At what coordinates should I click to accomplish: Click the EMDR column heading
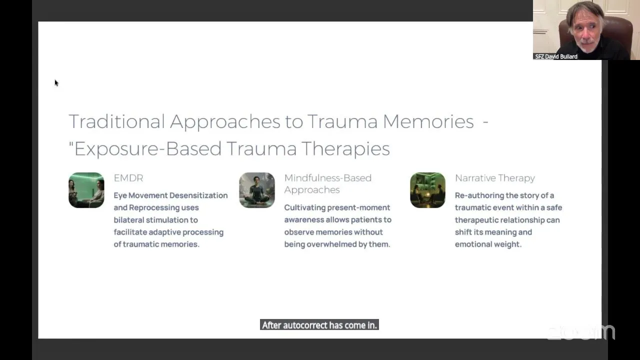click(x=128, y=178)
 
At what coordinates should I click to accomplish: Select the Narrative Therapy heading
click(x=495, y=178)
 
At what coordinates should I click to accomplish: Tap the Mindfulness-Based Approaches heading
click(x=327, y=183)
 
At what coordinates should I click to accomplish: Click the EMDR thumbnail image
click(x=86, y=190)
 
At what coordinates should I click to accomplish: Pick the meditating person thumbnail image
click(x=257, y=190)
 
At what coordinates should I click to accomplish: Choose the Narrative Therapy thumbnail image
click(x=427, y=190)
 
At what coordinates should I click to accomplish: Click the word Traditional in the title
click(x=117, y=121)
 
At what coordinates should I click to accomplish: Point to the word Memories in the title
click(x=428, y=121)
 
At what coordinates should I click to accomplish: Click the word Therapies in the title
click(x=345, y=148)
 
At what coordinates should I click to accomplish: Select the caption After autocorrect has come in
click(x=319, y=325)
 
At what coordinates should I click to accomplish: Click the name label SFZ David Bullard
click(x=556, y=56)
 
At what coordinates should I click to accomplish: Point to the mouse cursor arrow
click(x=56, y=83)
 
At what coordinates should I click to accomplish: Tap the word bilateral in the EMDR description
click(x=128, y=220)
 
